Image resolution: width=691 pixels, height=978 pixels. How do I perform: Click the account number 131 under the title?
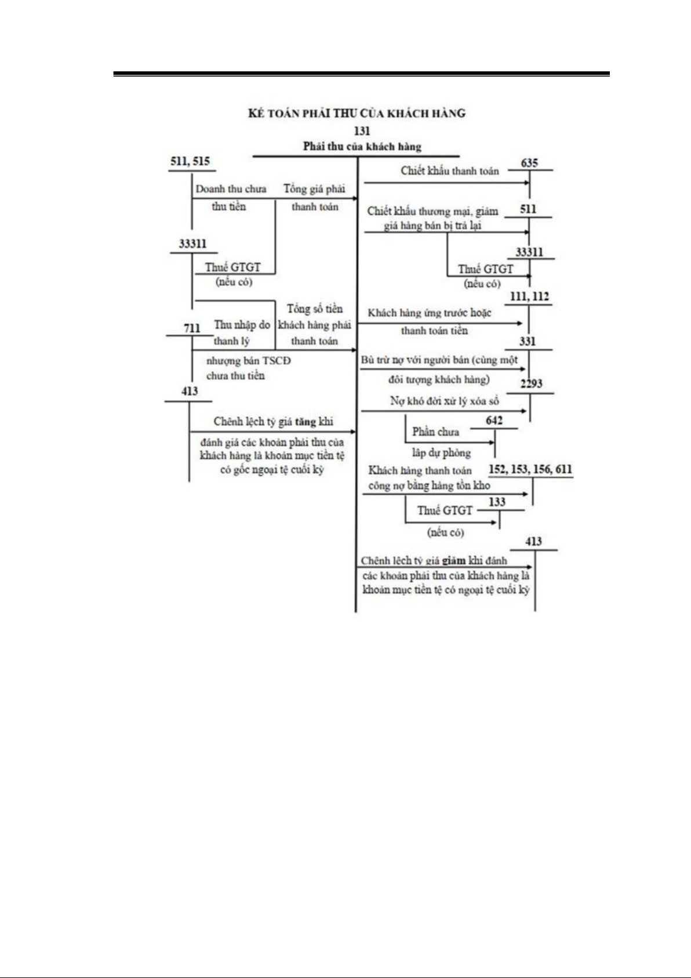(362, 131)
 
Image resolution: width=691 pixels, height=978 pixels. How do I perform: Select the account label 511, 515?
(190, 161)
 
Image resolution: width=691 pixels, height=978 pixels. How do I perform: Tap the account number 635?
(529, 162)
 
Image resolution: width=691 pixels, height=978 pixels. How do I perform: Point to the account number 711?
(192, 328)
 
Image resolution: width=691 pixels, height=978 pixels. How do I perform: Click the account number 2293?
(531, 384)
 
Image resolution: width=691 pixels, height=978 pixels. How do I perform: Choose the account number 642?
(494, 421)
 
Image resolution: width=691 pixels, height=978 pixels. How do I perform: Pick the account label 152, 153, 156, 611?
(530, 469)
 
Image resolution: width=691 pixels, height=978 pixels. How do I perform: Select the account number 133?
(497, 502)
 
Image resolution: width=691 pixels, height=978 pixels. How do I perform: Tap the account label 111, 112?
(529, 296)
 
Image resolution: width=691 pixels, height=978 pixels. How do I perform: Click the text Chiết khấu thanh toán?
(449, 171)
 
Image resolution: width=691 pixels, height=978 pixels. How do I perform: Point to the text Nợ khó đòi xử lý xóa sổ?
(444, 401)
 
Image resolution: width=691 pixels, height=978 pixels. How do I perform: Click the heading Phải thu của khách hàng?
(362, 146)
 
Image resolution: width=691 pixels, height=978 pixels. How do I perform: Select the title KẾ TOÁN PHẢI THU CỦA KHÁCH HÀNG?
(357, 113)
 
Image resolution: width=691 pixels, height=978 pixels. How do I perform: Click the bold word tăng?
(305, 422)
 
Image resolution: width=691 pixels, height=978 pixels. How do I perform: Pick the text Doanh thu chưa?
(231, 189)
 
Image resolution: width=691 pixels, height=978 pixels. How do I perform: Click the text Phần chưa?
(435, 432)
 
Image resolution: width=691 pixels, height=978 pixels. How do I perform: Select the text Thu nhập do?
(242, 325)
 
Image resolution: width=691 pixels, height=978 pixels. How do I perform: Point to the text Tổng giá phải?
(314, 189)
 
